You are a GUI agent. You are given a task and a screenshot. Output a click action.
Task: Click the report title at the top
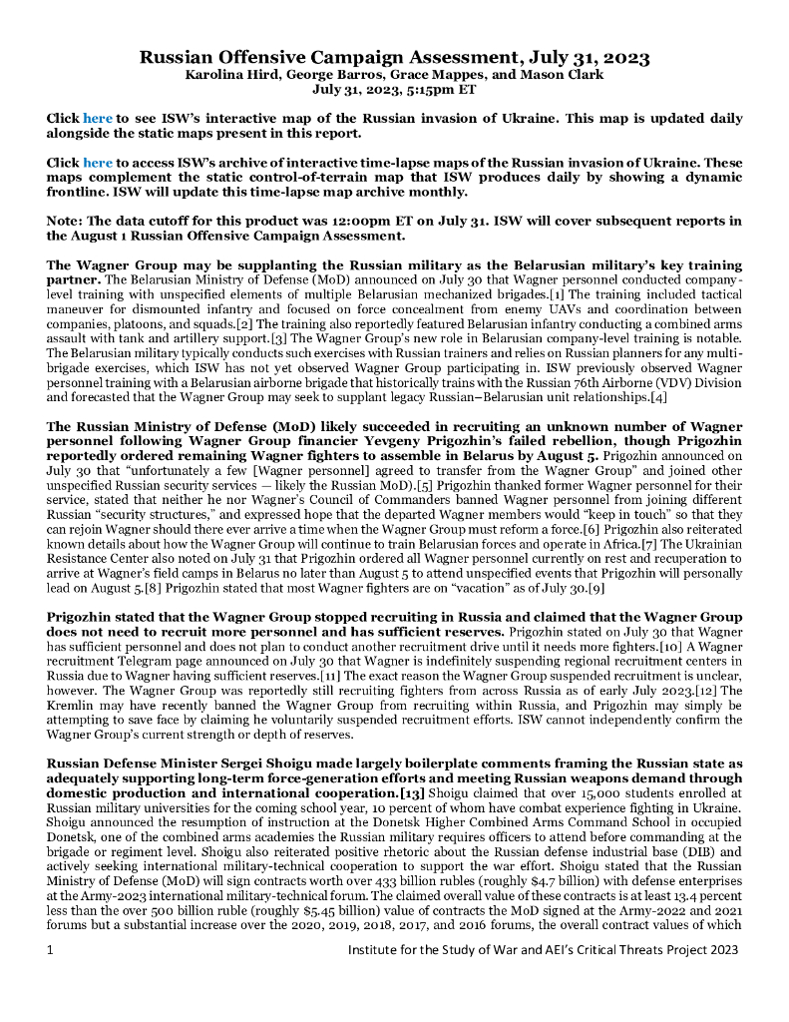tap(394, 57)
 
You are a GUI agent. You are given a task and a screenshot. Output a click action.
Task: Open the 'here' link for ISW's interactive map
tap(97, 118)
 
